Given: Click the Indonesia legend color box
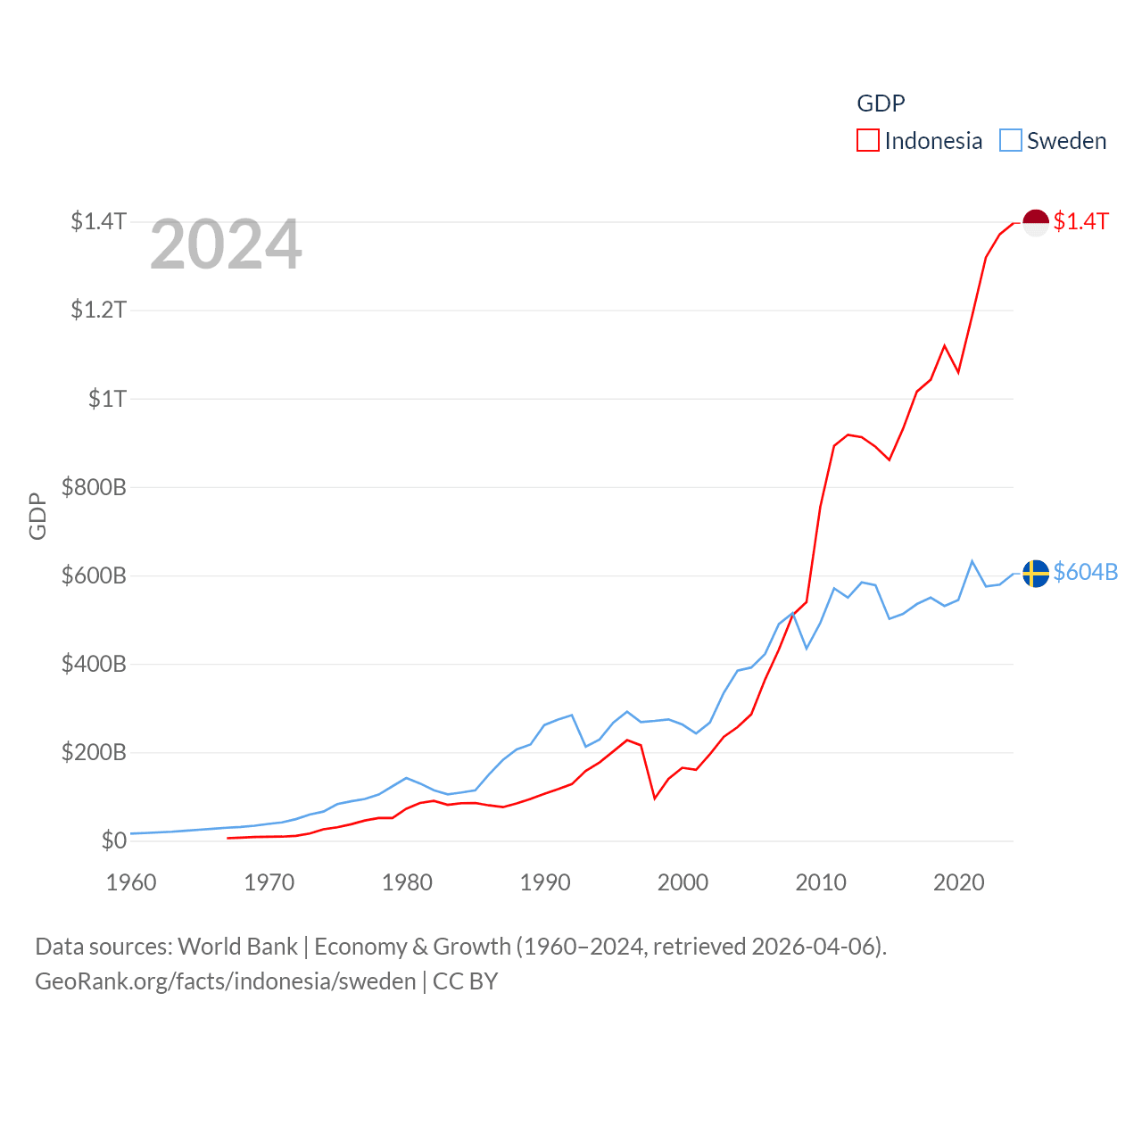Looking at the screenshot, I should (868, 141).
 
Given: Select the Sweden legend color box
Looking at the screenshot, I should (1010, 141).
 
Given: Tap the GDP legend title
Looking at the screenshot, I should (881, 103).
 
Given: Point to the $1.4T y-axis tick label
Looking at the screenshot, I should (98, 221).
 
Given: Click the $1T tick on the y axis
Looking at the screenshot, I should (107, 399).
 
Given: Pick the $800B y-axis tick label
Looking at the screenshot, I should (94, 487).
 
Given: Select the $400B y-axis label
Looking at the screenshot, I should (94, 664).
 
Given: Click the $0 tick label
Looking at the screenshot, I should (113, 840).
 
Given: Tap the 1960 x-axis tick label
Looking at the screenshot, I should (131, 882).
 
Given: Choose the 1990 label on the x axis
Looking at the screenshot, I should (545, 882).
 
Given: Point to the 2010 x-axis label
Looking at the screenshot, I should (821, 882).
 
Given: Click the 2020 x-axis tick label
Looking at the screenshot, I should (959, 882).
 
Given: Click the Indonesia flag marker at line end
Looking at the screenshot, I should (1035, 223).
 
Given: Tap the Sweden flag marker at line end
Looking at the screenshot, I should (1035, 573).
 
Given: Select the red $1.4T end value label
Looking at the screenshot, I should (1080, 221).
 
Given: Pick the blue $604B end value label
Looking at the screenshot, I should (1085, 572).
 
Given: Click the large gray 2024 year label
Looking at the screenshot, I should (226, 244).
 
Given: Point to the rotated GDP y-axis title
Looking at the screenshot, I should (37, 516).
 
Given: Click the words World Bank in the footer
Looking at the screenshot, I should (237, 947).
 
